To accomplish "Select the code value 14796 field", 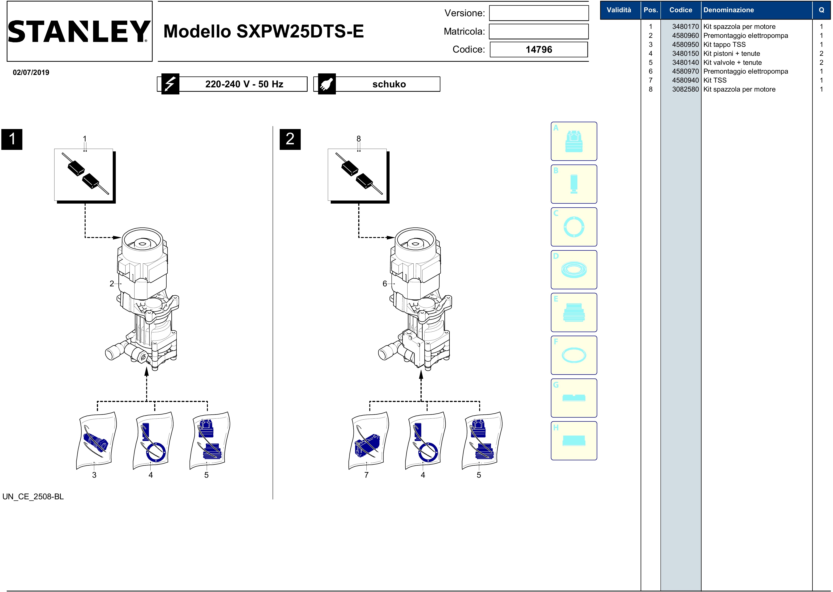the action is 539,50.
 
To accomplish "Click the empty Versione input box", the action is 539,13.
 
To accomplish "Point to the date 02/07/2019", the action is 31,72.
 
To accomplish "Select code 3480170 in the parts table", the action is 686,27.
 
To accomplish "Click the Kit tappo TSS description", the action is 724,45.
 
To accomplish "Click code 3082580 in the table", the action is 686,89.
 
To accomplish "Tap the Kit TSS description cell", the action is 715,80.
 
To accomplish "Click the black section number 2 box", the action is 290,139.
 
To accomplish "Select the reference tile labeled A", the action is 574,141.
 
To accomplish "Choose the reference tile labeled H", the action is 574,441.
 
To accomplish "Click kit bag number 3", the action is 96,440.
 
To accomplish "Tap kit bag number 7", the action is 368,440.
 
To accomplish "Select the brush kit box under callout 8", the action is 359,176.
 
